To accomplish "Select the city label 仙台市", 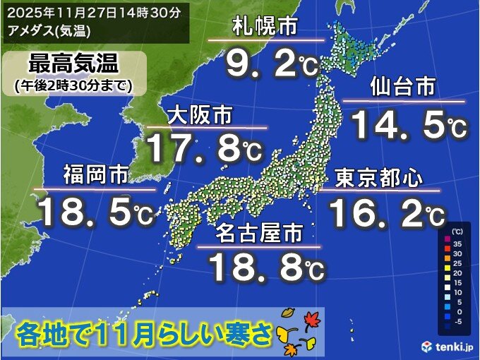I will (403, 89).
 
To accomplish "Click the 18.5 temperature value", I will (96, 211).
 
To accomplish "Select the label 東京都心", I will (378, 177).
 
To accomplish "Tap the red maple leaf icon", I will (309, 321).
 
